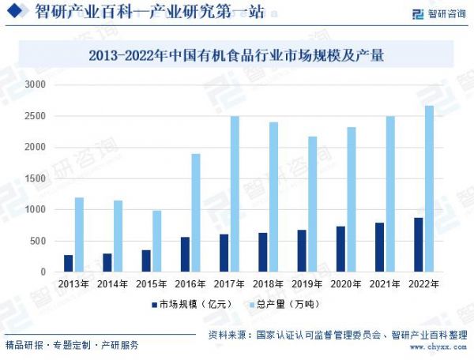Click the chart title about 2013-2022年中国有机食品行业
[236, 55]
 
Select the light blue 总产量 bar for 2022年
[429, 189]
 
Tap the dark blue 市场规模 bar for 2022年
[418, 245]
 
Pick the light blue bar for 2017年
[235, 194]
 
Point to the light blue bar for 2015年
[157, 241]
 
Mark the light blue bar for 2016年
[196, 212]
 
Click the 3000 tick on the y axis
[36, 84]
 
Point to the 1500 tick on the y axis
[36, 178]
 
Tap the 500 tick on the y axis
[39, 241]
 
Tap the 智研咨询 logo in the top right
[439, 13]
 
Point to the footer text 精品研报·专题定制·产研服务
[72, 346]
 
